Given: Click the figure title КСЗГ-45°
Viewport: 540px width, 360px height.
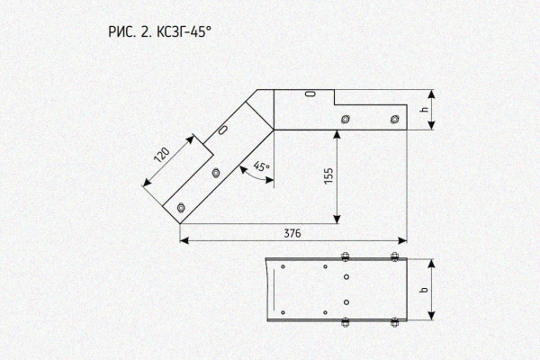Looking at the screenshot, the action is (x=184, y=32).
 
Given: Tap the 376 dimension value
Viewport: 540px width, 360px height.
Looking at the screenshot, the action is (x=292, y=233).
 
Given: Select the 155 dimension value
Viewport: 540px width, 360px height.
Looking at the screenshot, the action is (x=328, y=175).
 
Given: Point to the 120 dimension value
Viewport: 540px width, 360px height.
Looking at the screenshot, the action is (x=162, y=155).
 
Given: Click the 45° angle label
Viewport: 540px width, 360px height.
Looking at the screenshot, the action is (x=262, y=166).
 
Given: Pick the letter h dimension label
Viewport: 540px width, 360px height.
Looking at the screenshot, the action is (x=425, y=109).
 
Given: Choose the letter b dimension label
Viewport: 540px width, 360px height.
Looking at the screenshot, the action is (x=425, y=289).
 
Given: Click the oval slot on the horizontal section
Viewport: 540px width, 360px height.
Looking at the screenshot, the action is (x=311, y=94).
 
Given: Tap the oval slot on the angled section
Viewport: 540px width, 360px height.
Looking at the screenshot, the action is (x=223, y=130).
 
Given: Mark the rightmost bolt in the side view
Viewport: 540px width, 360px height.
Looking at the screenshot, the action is (x=395, y=120).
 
